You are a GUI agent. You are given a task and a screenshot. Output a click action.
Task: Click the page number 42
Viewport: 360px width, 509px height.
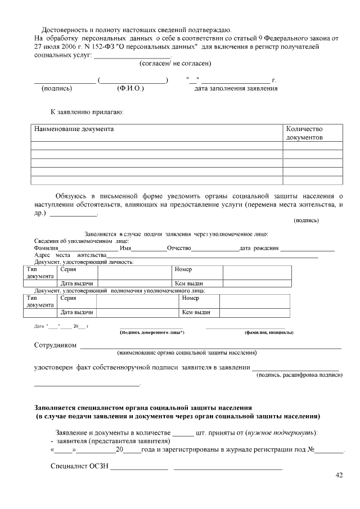[x=339, y=475]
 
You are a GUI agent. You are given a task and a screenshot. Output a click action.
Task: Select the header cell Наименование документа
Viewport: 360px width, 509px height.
[x=74, y=129]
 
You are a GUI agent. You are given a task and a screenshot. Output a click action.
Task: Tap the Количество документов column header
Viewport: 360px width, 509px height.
[x=304, y=133]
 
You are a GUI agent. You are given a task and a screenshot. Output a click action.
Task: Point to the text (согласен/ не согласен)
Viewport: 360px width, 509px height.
[x=175, y=64]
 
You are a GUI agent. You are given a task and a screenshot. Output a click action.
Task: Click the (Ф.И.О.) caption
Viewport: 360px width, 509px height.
[x=130, y=88]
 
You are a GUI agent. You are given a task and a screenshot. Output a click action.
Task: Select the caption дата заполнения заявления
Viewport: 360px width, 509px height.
[x=236, y=88]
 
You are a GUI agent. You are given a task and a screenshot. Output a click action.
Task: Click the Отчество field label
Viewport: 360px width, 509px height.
[x=179, y=248]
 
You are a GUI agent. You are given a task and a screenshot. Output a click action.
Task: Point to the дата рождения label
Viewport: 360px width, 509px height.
[x=259, y=248]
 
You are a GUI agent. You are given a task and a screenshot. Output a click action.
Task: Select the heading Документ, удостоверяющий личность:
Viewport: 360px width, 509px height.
[x=84, y=262]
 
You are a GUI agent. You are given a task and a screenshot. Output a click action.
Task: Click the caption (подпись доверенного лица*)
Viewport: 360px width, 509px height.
[x=152, y=332]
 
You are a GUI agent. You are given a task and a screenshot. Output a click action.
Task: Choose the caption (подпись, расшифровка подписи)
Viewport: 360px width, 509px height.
[x=299, y=375]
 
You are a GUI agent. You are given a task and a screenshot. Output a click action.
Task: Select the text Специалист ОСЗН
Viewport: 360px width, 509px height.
[x=79, y=466]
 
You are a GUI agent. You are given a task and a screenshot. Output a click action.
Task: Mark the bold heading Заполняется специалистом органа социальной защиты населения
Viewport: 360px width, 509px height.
[x=143, y=407]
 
